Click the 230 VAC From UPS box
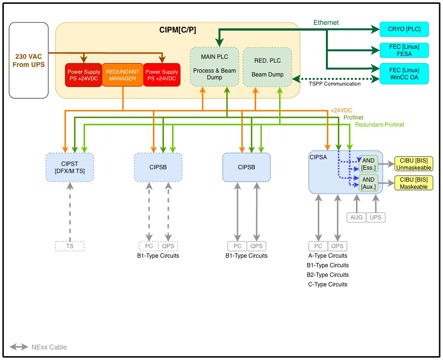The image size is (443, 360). click(29, 60)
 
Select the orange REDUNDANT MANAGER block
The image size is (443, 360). click(123, 75)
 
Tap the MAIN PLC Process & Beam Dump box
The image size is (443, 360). click(214, 66)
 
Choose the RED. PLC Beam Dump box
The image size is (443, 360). click(267, 66)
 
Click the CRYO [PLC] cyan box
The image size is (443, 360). click(404, 30)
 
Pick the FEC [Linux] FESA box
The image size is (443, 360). click(404, 51)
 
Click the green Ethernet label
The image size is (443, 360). click(326, 22)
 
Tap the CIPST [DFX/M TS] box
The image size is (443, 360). click(70, 167)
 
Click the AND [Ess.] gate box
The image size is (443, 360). click(368, 164)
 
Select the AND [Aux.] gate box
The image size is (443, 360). click(368, 183)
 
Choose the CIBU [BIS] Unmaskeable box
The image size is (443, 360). click(414, 164)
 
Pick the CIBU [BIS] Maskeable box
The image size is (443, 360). click(414, 183)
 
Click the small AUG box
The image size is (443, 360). click(357, 217)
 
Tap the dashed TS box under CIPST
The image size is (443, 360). click(70, 246)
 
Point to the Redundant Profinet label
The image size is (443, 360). click(380, 125)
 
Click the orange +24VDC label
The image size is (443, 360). click(342, 110)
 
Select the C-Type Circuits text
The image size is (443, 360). click(328, 284)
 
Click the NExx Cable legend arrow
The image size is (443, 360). click(19, 347)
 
